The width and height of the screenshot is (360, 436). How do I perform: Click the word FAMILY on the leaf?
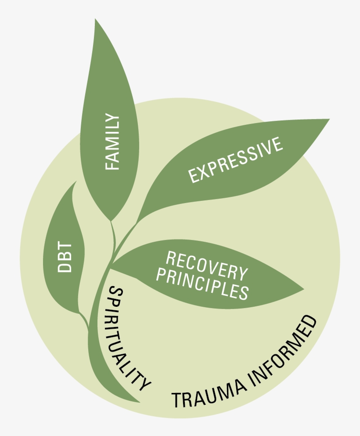(x=112, y=142)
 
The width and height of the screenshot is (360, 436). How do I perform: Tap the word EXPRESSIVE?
(x=235, y=160)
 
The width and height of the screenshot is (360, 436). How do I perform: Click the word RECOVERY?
(x=206, y=266)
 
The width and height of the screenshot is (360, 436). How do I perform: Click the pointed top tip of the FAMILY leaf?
(x=95, y=19)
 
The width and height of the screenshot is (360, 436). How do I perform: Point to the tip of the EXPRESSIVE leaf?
(x=329, y=119)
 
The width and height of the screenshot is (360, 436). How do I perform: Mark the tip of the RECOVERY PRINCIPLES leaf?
(x=304, y=290)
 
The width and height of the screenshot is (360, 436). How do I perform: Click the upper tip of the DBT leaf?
(x=76, y=182)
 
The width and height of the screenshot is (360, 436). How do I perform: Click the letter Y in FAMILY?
(x=112, y=119)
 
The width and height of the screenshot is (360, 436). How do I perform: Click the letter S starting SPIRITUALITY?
(x=115, y=292)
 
